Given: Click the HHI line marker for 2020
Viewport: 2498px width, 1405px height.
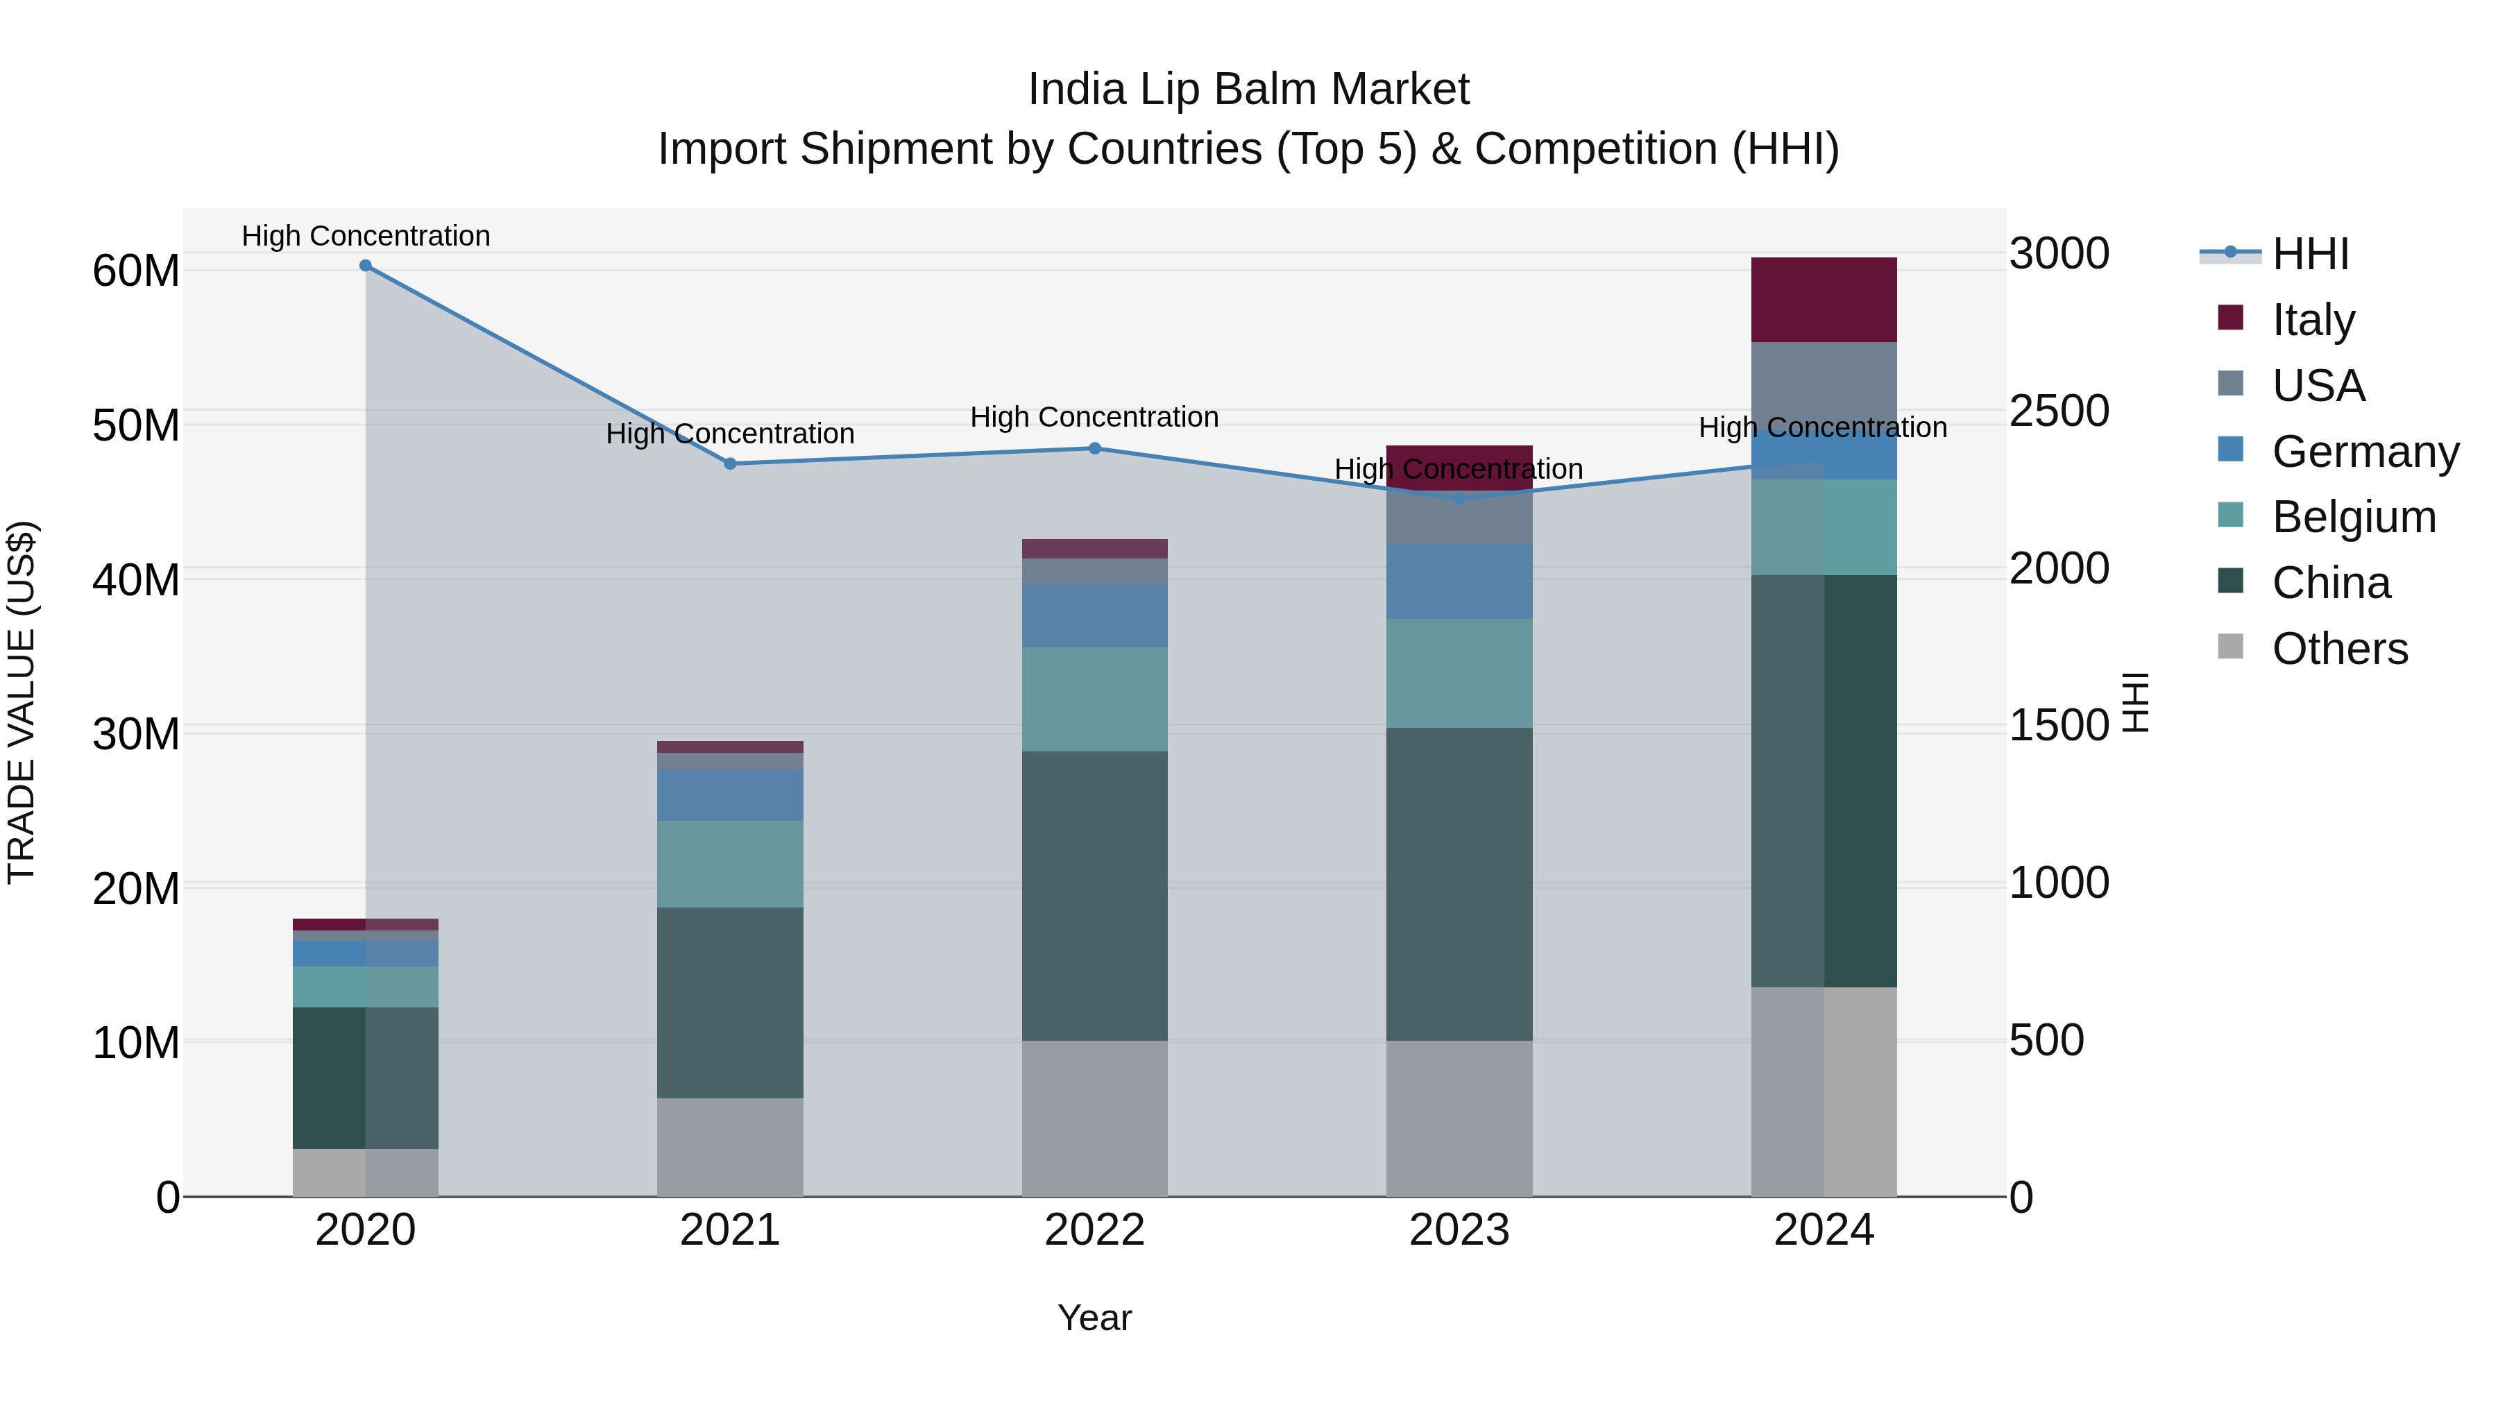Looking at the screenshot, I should [366, 266].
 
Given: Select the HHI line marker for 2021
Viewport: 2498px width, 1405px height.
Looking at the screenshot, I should [730, 463].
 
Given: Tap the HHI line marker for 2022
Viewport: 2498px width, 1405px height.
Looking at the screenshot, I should [1095, 448].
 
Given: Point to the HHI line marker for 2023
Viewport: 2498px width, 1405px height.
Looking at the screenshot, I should [1459, 498].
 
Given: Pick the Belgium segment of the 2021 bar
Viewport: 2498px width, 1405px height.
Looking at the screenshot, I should [730, 864].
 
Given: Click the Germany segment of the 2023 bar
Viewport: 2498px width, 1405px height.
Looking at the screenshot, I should [1459, 582].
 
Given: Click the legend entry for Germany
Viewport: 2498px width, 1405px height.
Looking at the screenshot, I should [2364, 452].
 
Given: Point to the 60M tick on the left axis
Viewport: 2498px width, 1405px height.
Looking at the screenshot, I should [136, 271].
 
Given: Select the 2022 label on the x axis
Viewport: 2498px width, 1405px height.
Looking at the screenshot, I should [1095, 1230].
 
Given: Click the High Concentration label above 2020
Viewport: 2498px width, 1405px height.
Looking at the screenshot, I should [366, 236].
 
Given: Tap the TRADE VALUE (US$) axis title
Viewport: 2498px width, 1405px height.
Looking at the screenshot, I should [22, 702].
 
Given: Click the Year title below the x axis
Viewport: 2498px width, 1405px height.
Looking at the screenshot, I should [1095, 1318].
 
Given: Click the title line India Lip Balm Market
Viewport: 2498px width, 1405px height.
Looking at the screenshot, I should [1248, 90].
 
